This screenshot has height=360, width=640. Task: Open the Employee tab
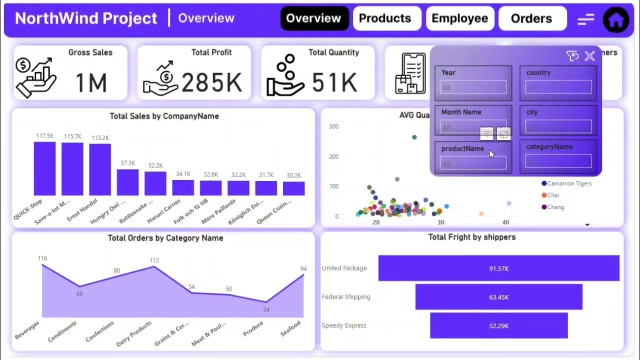[460, 18]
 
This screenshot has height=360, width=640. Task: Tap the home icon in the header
[616, 20]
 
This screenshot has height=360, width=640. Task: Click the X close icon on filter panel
[590, 56]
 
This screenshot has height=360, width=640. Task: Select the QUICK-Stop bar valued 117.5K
[44, 168]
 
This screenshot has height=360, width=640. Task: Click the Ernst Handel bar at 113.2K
[100, 169]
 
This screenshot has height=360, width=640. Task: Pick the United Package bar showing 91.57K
[498, 268]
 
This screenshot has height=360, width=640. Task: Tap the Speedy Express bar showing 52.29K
[498, 325]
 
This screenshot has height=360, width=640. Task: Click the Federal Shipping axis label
[346, 297]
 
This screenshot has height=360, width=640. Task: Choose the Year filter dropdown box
[473, 88]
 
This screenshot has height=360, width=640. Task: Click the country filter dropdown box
[558, 88]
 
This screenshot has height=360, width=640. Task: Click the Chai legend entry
[552, 195]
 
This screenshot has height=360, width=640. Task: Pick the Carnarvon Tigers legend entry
[568, 183]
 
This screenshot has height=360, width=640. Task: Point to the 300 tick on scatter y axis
[333, 126]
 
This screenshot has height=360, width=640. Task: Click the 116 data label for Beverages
[42, 258]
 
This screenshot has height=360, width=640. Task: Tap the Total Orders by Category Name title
[165, 238]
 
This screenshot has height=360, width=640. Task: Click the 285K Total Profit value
[211, 82]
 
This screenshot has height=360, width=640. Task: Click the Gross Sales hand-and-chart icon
[35, 77]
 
